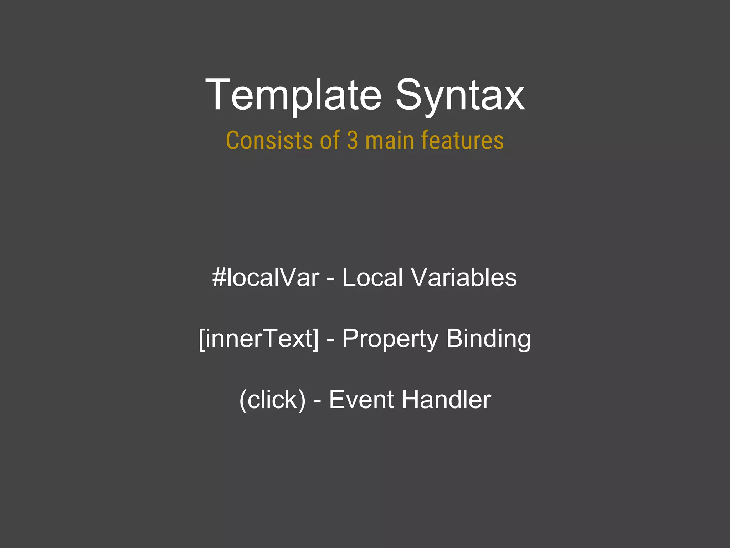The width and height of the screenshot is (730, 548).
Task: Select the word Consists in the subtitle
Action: (269, 140)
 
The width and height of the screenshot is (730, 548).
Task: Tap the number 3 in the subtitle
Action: (352, 140)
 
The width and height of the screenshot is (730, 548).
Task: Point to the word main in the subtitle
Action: (390, 140)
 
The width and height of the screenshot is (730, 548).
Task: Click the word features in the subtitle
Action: (462, 140)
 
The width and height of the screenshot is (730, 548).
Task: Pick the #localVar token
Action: (266, 278)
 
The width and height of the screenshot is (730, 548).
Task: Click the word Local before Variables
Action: (372, 278)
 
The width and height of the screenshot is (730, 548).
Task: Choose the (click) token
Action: (272, 399)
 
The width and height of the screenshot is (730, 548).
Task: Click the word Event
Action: (361, 399)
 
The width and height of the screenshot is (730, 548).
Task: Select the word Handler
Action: (446, 399)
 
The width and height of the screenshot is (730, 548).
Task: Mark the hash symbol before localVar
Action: (219, 278)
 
